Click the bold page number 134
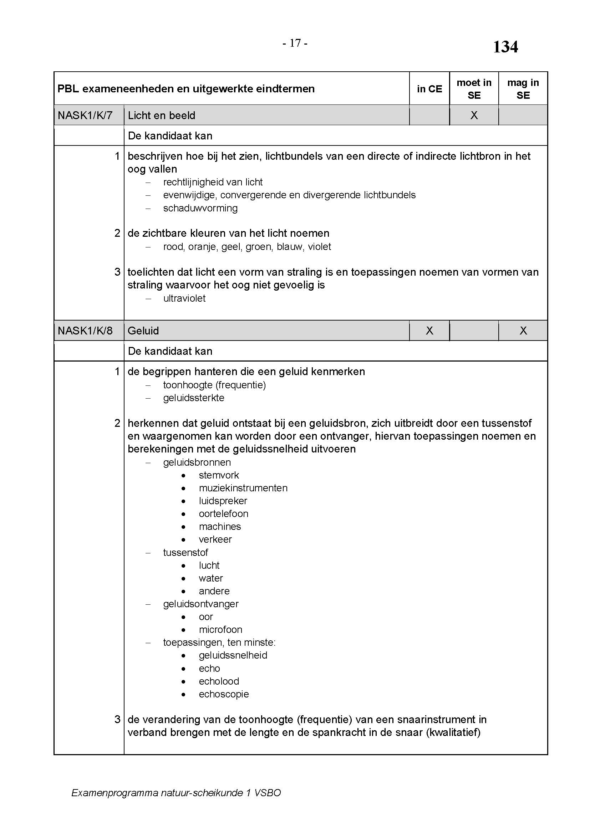click(505, 47)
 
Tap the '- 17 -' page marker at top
click(295, 43)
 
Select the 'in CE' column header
click(429, 89)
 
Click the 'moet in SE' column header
click(474, 89)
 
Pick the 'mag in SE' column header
click(523, 89)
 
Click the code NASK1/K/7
click(85, 116)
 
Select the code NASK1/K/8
click(85, 331)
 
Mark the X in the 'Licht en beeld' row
click(474, 116)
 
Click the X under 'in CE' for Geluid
click(429, 331)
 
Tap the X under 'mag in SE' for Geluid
click(523, 331)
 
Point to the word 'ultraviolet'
click(184, 298)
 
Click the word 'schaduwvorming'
click(200, 208)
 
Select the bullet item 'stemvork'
click(219, 475)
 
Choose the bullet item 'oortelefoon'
click(223, 513)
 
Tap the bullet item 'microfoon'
click(220, 629)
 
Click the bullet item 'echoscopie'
click(224, 694)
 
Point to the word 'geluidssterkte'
click(194, 398)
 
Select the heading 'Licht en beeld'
click(161, 116)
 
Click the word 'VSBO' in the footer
click(268, 793)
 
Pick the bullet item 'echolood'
click(219, 681)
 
